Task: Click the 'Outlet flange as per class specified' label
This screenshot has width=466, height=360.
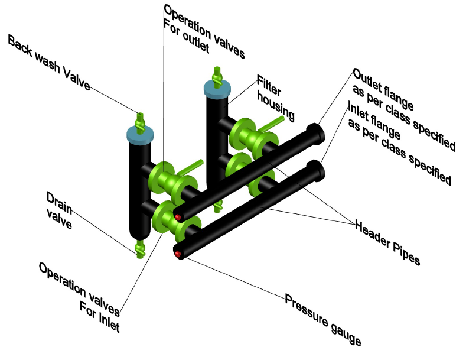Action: (x=405, y=110)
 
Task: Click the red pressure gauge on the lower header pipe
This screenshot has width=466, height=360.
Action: (x=177, y=254)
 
